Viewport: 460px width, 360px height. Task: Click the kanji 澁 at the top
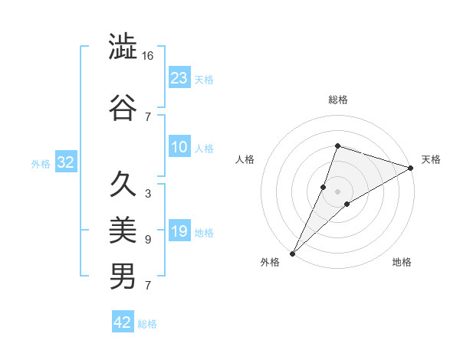point(123,47)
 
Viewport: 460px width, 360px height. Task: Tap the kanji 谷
point(123,107)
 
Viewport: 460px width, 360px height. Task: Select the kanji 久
point(123,184)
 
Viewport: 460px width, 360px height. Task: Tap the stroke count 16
point(148,56)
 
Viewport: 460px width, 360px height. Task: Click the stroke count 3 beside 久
point(147,194)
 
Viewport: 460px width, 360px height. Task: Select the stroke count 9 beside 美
point(147,240)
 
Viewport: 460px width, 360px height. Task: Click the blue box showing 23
point(179,77)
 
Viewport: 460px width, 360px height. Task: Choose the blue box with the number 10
point(179,147)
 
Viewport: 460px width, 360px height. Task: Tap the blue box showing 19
point(179,231)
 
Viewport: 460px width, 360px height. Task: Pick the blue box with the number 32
point(64,162)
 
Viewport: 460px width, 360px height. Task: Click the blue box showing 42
point(122,322)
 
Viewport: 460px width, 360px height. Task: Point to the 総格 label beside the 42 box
point(147,324)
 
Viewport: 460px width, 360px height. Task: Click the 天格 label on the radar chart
point(431,159)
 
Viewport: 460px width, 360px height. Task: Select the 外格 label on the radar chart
point(270,262)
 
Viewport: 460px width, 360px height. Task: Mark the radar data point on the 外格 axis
point(293,253)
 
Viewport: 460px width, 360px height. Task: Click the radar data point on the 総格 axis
point(337,146)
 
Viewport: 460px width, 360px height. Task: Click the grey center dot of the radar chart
point(337,191)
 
